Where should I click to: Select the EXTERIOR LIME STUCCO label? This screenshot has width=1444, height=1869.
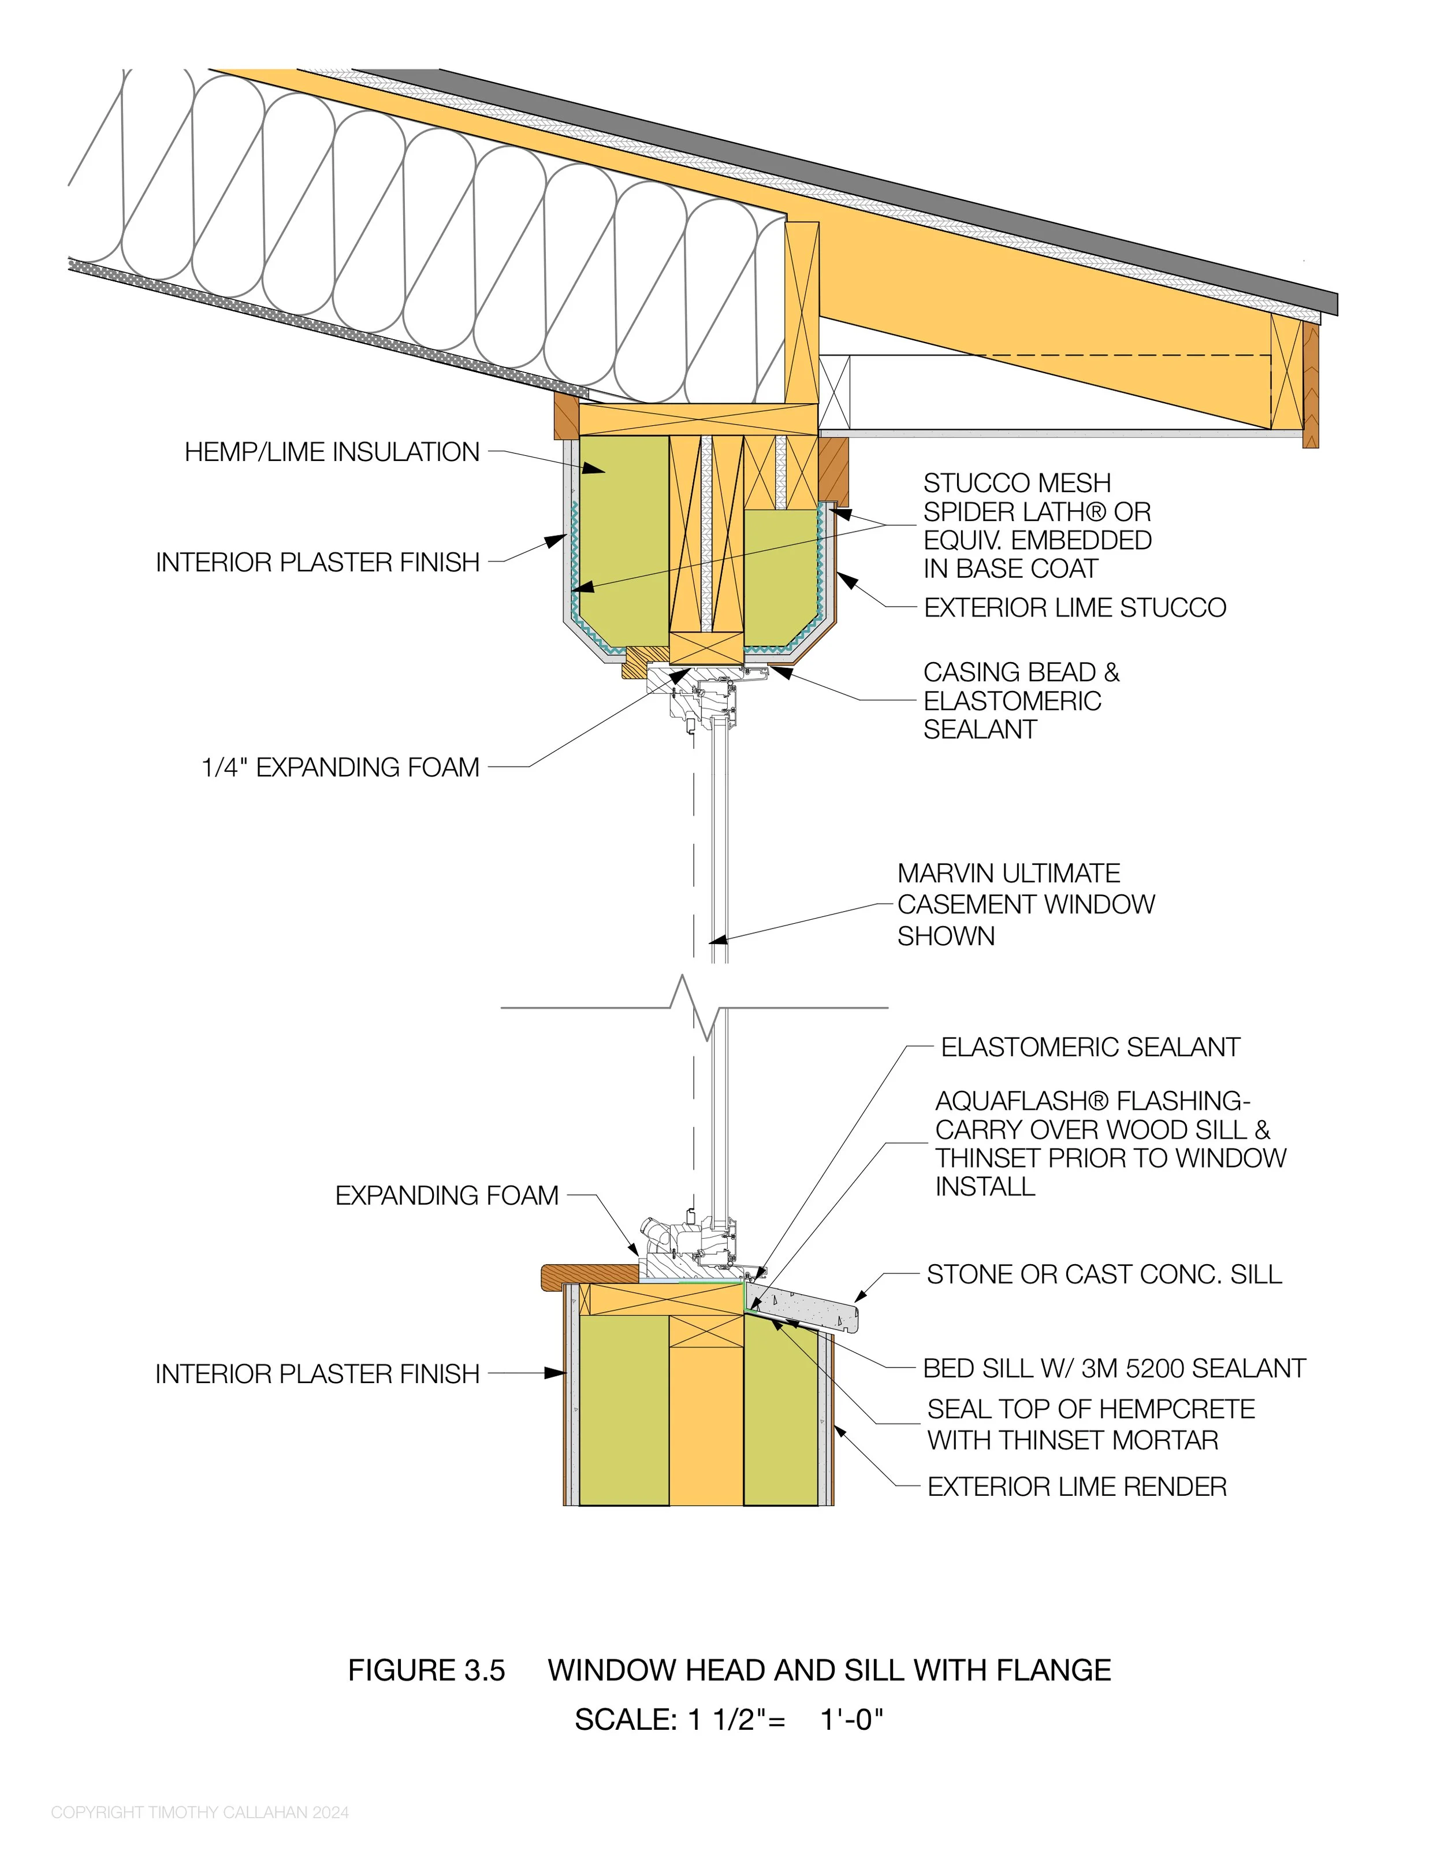(x=1074, y=608)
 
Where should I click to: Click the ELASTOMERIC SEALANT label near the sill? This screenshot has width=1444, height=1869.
(x=1090, y=1047)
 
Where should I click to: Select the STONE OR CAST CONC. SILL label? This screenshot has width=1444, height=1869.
(x=1104, y=1275)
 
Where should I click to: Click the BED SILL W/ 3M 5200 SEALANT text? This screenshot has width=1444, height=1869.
(x=1114, y=1368)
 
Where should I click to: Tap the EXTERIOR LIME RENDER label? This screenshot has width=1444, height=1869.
(x=1076, y=1487)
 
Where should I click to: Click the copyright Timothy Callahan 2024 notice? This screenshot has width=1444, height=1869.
(x=199, y=1812)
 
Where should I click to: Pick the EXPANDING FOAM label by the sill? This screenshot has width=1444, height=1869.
(x=446, y=1195)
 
